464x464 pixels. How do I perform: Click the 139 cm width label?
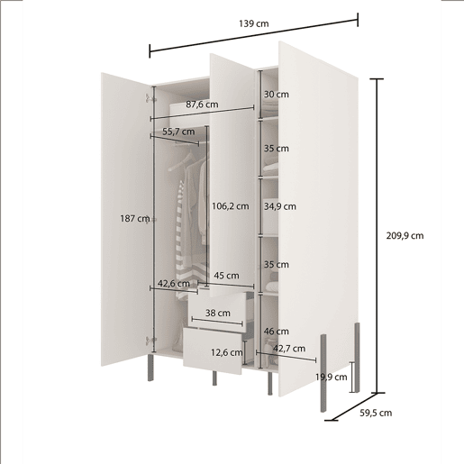tap(254, 23)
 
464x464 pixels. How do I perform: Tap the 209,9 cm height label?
tap(405, 236)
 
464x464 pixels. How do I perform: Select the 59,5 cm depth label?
tap(376, 413)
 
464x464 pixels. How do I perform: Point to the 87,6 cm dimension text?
tap(202, 105)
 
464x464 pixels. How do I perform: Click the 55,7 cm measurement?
tap(178, 132)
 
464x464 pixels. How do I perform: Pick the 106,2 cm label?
tap(231, 206)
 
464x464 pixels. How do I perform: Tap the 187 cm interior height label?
tap(135, 218)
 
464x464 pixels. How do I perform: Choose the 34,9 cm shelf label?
tap(280, 206)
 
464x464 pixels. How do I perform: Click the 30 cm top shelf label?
tap(277, 95)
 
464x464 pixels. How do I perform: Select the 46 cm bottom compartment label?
tap(277, 332)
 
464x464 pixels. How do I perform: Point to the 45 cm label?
tap(226, 276)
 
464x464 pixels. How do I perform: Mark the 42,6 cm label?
tap(174, 284)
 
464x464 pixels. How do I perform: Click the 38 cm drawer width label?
tap(218, 313)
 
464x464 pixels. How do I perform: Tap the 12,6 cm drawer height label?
tap(226, 352)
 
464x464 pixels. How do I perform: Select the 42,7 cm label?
tap(289, 349)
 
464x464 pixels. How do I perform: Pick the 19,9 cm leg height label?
tap(331, 377)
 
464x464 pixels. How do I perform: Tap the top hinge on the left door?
tap(150, 98)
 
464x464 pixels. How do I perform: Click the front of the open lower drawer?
tap(213, 351)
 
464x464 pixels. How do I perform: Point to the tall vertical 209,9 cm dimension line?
tap(378, 236)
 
